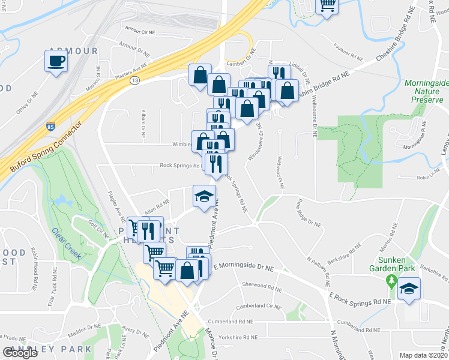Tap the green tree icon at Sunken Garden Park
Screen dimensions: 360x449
pos(391,280)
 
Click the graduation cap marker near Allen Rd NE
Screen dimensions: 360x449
pos(204,196)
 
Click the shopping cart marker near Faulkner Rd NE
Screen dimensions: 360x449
pos(327,5)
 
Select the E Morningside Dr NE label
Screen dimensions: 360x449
pos(247,265)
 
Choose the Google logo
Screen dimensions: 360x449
pos(20,353)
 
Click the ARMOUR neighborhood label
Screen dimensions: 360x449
pos(73,52)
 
